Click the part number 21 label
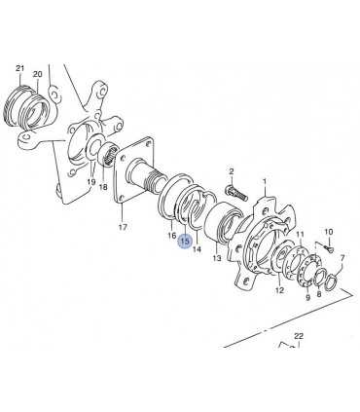point(20,68)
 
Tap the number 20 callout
point(38,74)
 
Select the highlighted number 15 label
point(185,242)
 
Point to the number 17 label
point(123,227)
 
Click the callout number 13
point(217,258)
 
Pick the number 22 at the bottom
point(298,336)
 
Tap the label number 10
point(329,232)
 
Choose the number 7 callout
point(342,258)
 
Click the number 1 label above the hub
point(265,181)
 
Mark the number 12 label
point(279,290)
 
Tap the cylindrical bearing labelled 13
point(224,222)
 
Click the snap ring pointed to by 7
point(333,281)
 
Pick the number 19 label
point(91,182)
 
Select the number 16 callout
point(172,235)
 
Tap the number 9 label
point(307,297)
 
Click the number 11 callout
point(301,234)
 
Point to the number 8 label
point(318,294)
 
